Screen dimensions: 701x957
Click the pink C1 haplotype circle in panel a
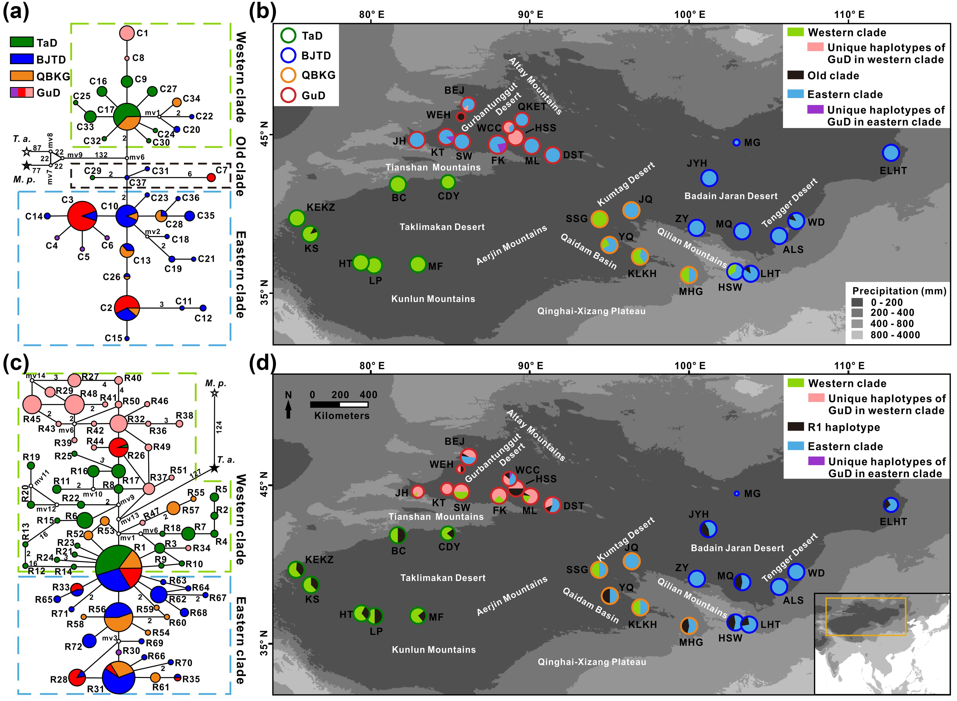[127, 33]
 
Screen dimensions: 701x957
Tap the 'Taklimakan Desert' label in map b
[442, 227]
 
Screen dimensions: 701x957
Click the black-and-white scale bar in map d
[339, 404]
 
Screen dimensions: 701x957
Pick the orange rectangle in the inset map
[866, 617]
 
